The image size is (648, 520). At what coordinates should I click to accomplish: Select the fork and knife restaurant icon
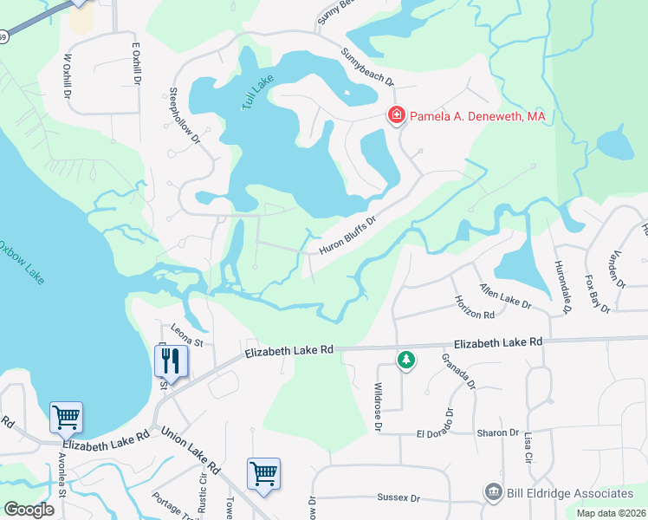170,361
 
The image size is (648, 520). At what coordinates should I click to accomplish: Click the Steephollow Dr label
185,114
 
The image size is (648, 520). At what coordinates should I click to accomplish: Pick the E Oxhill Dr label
136,64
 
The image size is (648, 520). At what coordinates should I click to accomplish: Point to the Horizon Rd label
474,307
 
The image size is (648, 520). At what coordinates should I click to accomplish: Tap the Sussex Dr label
398,498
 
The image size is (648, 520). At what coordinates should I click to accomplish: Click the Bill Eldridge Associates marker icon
493,492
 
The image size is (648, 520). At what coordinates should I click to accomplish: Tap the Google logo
29,510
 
